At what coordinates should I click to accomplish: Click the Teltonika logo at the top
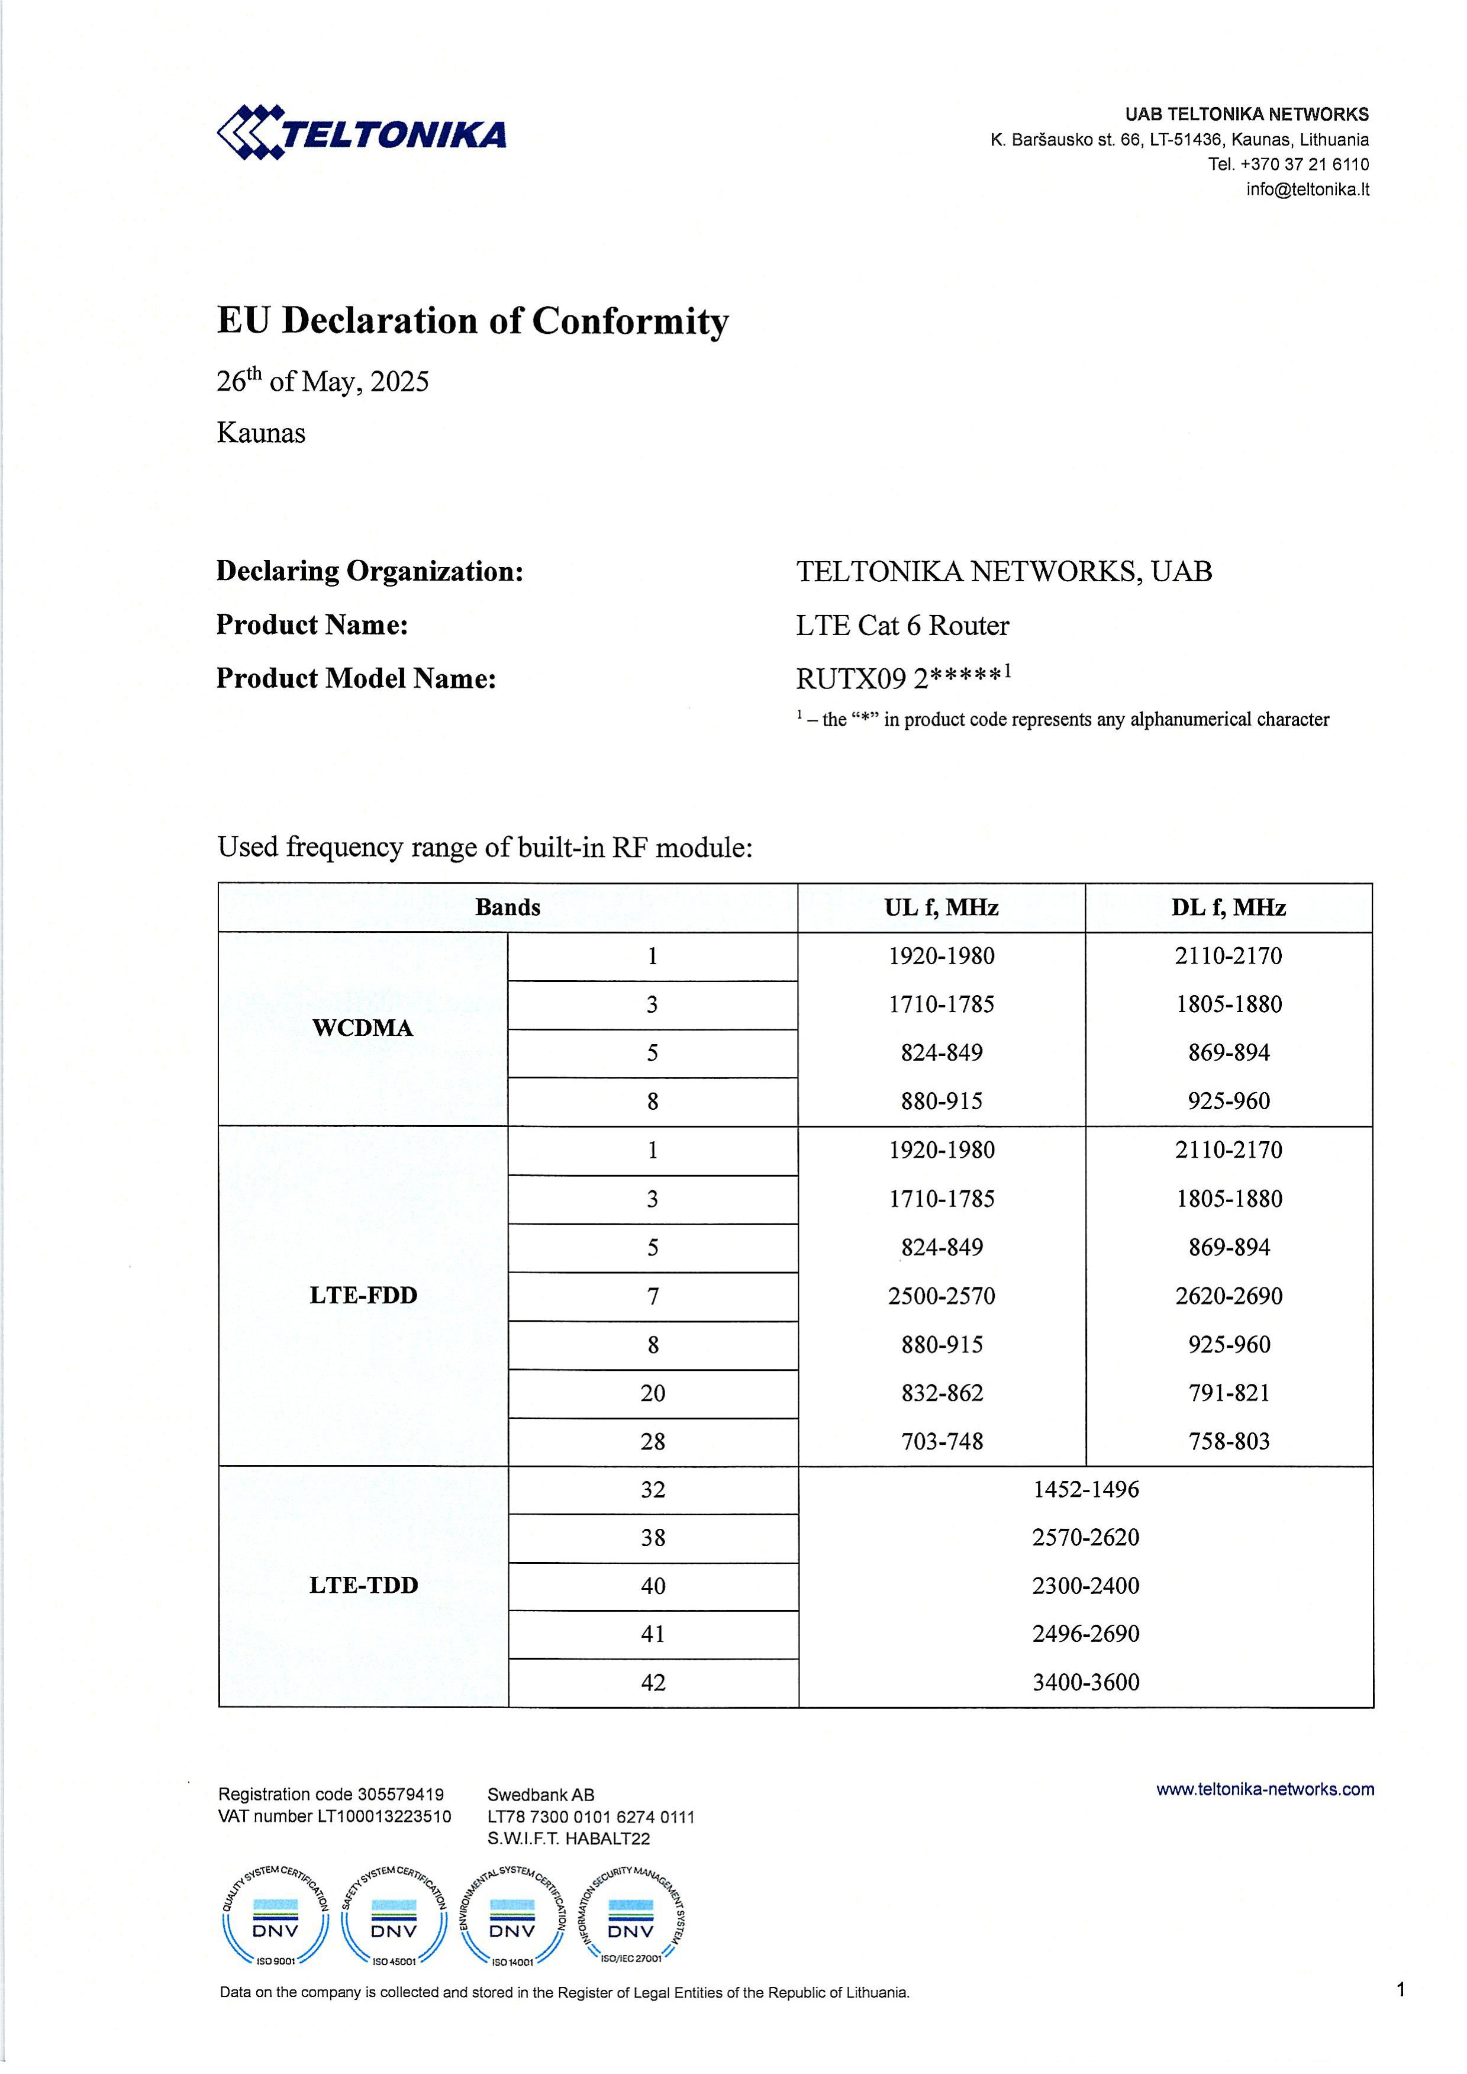pos(362,133)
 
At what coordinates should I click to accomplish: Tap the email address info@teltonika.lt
pos(1307,189)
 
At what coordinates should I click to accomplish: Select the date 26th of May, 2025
pos(323,381)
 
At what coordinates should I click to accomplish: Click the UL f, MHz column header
pos(942,908)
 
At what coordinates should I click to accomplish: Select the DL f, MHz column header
pos(1229,908)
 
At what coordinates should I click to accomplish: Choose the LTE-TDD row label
pos(363,1585)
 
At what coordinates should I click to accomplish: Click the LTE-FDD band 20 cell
pos(652,1393)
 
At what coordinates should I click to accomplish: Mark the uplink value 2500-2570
pos(942,1296)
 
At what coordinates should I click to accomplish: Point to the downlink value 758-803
pos(1229,1442)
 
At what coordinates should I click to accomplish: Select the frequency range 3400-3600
pos(1086,1682)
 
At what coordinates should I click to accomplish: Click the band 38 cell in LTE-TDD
pos(652,1537)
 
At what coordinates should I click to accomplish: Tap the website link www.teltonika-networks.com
pos(1265,1789)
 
